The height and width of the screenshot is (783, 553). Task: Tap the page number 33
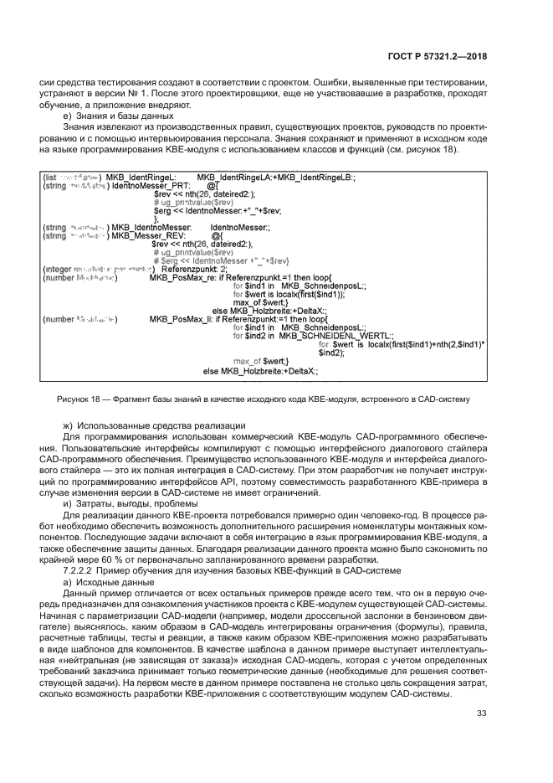tap(481, 713)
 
